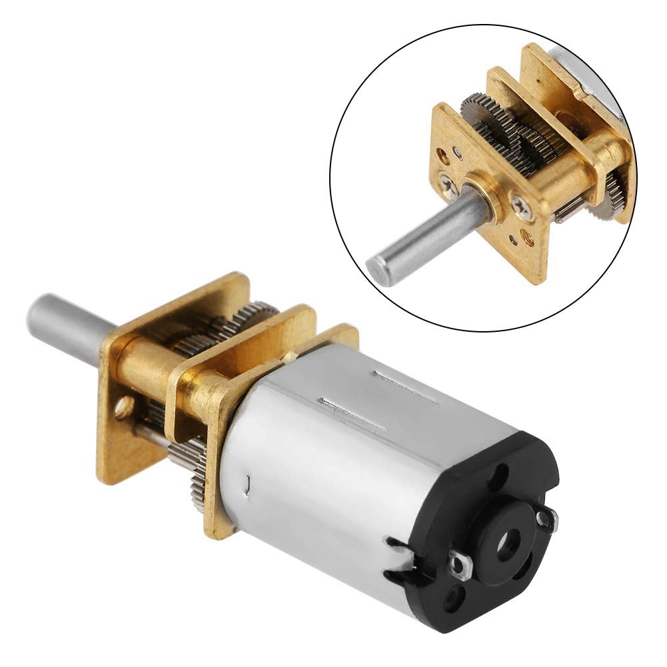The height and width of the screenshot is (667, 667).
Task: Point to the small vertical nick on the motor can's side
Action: [249, 485]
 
